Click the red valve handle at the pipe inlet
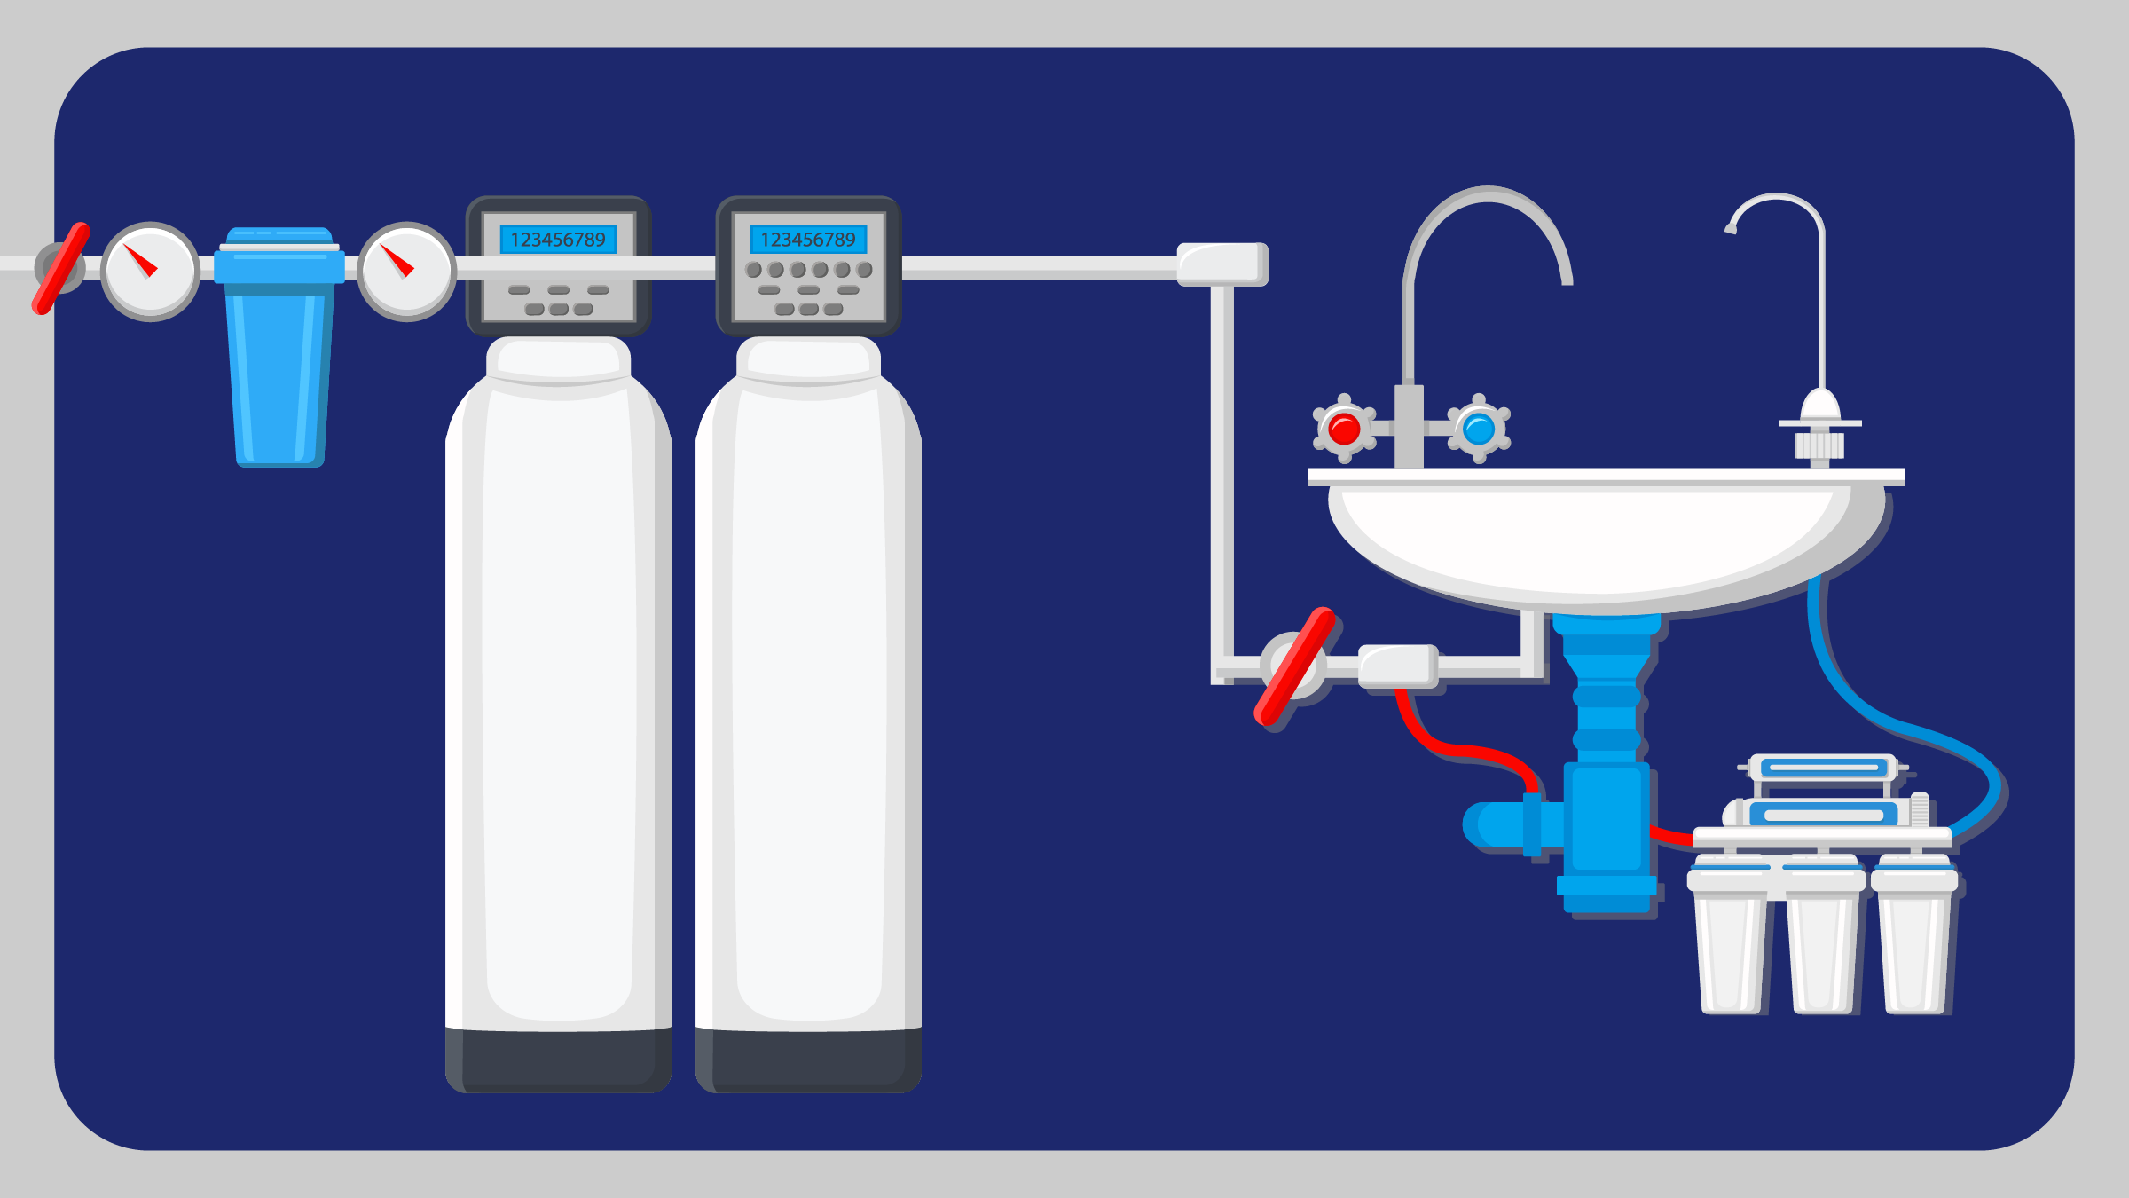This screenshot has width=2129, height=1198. (x=61, y=268)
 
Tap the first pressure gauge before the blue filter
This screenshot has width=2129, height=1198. (x=150, y=271)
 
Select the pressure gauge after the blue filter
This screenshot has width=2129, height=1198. (x=406, y=271)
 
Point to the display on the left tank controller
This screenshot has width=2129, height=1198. (x=558, y=240)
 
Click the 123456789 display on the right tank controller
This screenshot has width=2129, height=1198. (x=808, y=240)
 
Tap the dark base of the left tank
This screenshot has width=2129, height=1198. (x=558, y=1060)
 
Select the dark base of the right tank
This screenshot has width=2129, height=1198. (x=808, y=1060)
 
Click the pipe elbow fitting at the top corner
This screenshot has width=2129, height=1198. (x=1222, y=264)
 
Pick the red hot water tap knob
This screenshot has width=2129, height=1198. (x=1344, y=430)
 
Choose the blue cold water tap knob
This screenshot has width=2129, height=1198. (x=1479, y=430)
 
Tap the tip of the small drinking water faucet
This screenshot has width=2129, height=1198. (x=1731, y=229)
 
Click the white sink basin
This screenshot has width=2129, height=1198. (x=1597, y=541)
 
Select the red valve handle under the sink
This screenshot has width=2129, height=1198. (x=1294, y=666)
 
